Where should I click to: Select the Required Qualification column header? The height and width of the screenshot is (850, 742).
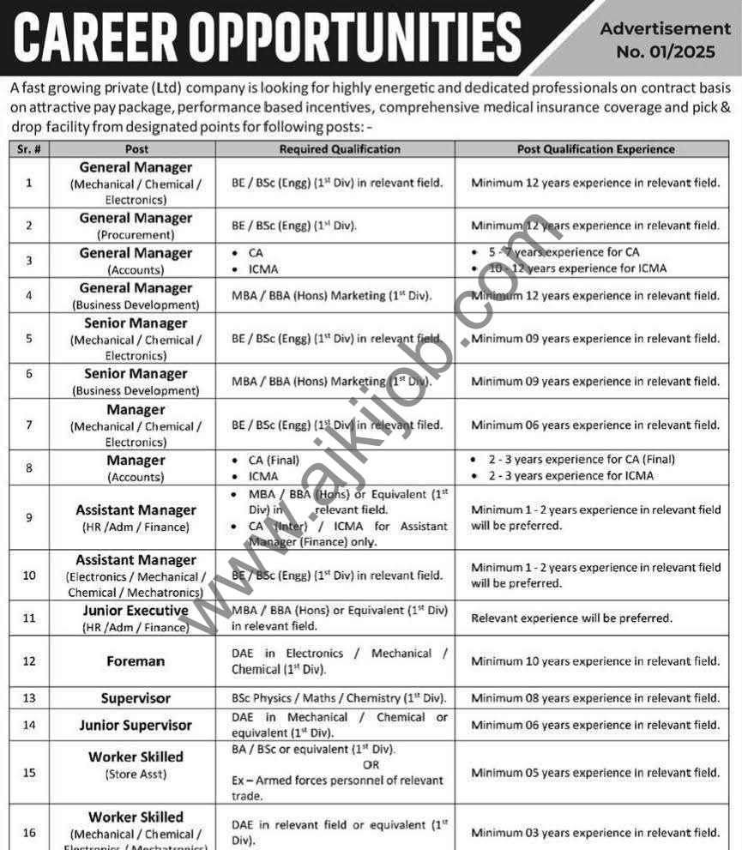coord(340,149)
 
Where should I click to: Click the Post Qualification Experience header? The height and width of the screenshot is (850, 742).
coord(595,149)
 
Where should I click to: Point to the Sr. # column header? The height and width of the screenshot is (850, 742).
coord(29,149)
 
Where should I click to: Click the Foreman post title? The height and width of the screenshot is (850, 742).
coord(136,661)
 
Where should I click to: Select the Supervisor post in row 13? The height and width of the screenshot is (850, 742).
coord(136,698)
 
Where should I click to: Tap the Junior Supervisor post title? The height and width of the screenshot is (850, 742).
coord(136,725)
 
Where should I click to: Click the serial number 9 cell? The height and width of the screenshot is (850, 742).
coord(29,517)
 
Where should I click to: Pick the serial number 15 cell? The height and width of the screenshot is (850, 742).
coord(29,773)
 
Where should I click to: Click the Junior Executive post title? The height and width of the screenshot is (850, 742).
coord(136,611)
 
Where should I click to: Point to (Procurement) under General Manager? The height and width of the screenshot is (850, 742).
coord(136,234)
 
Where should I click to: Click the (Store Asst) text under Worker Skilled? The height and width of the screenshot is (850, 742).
coord(136,775)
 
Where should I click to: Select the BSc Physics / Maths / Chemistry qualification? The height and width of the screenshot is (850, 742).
coord(339,698)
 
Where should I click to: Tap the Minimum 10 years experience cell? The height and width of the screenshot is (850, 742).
coord(595,661)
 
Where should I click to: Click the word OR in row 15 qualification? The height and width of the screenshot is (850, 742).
coord(371,764)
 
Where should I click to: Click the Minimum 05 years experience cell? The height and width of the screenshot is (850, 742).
coord(595,773)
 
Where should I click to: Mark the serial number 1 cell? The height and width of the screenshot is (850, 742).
coord(29,183)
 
